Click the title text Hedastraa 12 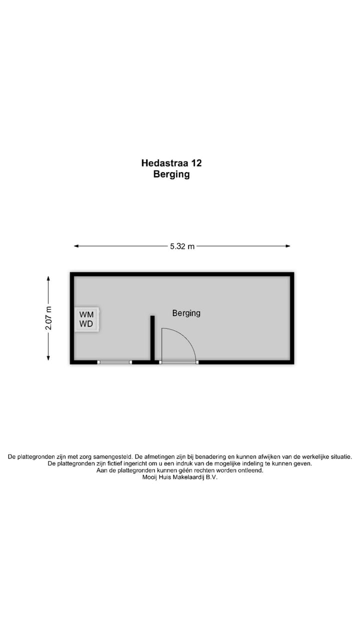pyautogui.click(x=171, y=163)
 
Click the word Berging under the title pyautogui.click(x=171, y=174)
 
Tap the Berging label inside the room pyautogui.click(x=186, y=313)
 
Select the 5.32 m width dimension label pyautogui.click(x=182, y=246)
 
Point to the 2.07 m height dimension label pyautogui.click(x=48, y=318)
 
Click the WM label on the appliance pyautogui.click(x=86, y=314)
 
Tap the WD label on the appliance pyautogui.click(x=86, y=323)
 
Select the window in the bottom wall pyautogui.click(x=114, y=362)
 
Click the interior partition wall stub pyautogui.click(x=152, y=337)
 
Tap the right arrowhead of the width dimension pyautogui.click(x=288, y=246)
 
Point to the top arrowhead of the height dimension pyautogui.click(x=48, y=278)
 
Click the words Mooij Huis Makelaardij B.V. pyautogui.click(x=180, y=477)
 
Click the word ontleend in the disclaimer pyautogui.click(x=250, y=470)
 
